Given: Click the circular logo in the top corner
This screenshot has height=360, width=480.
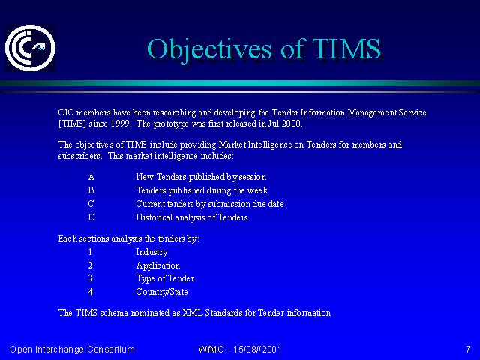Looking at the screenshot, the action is [30, 48].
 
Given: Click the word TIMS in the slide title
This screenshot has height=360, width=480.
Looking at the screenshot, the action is [346, 49].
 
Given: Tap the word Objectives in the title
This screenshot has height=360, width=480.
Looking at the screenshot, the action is [209, 50].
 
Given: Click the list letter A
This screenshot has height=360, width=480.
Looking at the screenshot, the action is [91, 177].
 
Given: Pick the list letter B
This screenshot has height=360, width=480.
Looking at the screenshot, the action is [91, 190].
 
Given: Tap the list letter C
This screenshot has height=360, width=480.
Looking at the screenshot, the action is [91, 204].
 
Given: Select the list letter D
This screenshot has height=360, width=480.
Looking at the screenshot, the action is [91, 217].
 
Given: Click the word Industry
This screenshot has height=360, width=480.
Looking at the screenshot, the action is [151, 252].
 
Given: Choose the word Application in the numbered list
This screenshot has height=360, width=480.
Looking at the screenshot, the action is [158, 265].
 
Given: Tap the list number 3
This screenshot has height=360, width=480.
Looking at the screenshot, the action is [90, 278].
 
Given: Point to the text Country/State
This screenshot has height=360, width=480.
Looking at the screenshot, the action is [162, 292].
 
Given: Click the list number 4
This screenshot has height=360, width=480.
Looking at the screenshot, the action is [91, 292].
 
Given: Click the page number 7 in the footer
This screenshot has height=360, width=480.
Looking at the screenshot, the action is [468, 349].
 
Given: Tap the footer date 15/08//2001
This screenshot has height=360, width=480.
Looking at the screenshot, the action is [257, 349].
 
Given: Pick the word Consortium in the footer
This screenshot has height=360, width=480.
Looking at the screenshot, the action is [111, 349].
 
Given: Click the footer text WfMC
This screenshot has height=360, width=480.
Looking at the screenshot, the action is [211, 349].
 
